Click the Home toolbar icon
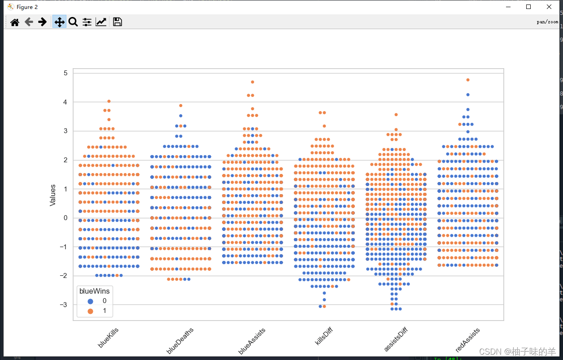click(x=15, y=22)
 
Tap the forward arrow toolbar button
click(x=43, y=22)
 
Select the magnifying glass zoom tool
click(x=73, y=22)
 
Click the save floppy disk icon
click(x=118, y=22)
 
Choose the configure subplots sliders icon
click(x=87, y=22)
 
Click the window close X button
click(x=549, y=7)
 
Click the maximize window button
click(x=528, y=7)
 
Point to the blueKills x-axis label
click(x=108, y=338)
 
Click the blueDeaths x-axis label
click(x=178, y=341)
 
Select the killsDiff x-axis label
click(x=323, y=337)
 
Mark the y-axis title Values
click(x=53, y=195)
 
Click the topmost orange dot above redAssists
click(x=468, y=80)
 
